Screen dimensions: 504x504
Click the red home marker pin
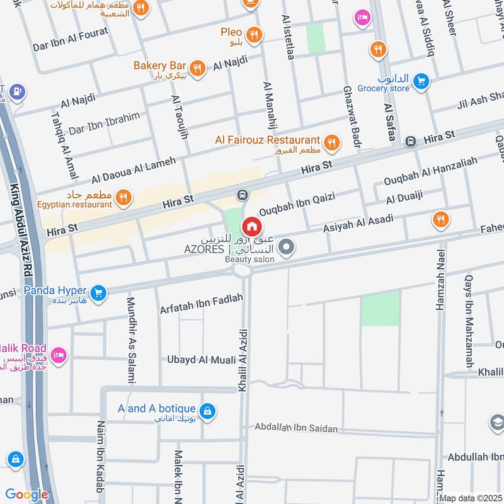pos(251,226)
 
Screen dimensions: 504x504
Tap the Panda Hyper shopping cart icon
pos(97,292)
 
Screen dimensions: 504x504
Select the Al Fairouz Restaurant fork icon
pos(331,143)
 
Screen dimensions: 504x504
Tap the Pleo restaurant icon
pos(254,34)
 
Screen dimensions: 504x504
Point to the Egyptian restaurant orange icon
pos(124,197)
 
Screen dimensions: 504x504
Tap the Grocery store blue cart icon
pos(421,81)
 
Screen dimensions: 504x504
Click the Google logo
pos(26,495)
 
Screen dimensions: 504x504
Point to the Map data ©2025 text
pos(471,498)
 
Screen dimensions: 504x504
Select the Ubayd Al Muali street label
pos(201,360)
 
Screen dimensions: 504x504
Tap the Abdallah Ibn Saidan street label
pos(296,428)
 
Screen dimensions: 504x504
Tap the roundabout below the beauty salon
pos(242,270)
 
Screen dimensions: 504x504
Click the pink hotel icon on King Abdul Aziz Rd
pos(58,355)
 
